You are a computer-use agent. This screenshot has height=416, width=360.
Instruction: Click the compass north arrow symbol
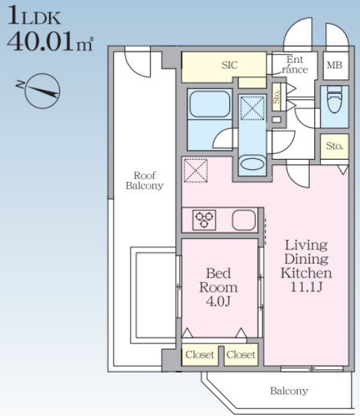(42, 91)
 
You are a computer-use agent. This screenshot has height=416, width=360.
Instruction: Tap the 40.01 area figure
(41, 42)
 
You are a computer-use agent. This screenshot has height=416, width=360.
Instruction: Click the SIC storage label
(229, 65)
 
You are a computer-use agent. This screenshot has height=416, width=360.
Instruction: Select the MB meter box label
(334, 65)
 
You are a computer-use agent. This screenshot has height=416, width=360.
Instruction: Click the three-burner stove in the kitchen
(204, 220)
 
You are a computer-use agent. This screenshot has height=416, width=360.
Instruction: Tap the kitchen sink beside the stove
(244, 220)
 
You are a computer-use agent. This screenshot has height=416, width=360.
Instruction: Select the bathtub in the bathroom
(209, 104)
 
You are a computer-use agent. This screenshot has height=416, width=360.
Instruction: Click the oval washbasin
(252, 164)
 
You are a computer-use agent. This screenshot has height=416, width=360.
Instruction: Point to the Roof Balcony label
(144, 180)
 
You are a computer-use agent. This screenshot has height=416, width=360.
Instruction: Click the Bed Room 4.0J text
(218, 287)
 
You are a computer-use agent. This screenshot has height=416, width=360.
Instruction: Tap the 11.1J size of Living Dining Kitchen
(306, 287)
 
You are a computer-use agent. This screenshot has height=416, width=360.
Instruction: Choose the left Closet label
(200, 354)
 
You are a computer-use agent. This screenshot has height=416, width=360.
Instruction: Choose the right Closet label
(241, 354)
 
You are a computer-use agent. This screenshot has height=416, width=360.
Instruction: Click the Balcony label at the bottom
(289, 391)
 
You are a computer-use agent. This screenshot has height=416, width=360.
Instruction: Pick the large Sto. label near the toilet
(334, 146)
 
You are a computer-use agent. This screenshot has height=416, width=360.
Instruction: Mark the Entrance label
(295, 64)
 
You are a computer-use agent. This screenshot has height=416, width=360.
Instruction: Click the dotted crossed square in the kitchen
(196, 170)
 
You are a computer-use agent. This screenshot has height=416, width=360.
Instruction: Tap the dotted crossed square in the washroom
(252, 108)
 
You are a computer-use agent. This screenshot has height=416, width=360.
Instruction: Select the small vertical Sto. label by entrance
(276, 97)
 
